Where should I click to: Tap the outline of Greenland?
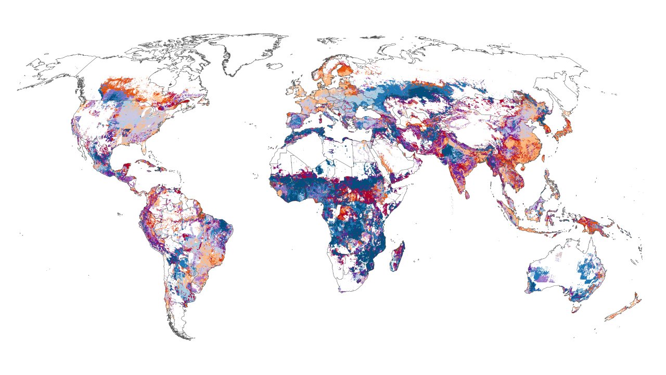(x=245, y=52)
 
